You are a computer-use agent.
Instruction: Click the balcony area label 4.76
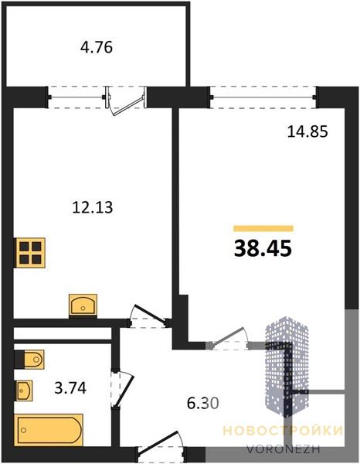click(97, 47)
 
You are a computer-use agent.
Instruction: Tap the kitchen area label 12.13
click(93, 207)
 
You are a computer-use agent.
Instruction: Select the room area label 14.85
click(307, 131)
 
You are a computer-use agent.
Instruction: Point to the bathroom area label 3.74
click(70, 387)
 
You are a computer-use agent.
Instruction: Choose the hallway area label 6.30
click(203, 402)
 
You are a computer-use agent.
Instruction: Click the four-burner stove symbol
click(30, 253)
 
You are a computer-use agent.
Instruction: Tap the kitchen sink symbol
click(83, 305)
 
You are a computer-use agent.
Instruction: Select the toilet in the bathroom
click(29, 360)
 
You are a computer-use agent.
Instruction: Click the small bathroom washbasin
click(24, 391)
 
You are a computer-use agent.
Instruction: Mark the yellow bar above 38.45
click(263, 228)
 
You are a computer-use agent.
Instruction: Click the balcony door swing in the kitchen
click(126, 101)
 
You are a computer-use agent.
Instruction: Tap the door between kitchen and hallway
click(148, 316)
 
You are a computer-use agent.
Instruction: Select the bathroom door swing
click(123, 388)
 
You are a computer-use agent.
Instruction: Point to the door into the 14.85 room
click(228, 339)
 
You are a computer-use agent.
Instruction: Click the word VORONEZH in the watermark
click(284, 449)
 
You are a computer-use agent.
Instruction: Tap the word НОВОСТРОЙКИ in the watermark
click(283, 431)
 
